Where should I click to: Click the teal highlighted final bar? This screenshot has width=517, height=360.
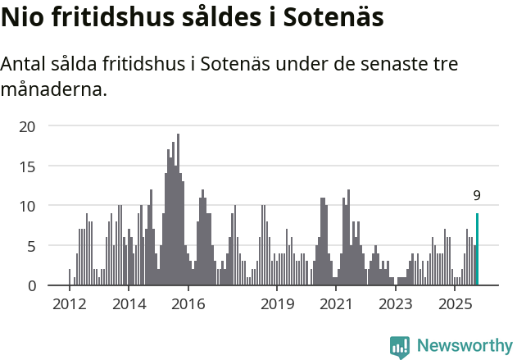477,249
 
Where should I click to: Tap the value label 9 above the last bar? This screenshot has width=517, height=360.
477,196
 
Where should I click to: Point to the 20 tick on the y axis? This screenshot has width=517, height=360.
28,126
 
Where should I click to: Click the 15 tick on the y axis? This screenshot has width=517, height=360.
28,166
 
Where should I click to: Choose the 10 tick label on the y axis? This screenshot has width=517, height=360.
28,206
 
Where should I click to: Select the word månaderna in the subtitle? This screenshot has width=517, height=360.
54,89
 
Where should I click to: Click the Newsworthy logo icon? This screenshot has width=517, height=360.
400,347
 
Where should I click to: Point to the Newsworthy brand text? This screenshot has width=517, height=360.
464,346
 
